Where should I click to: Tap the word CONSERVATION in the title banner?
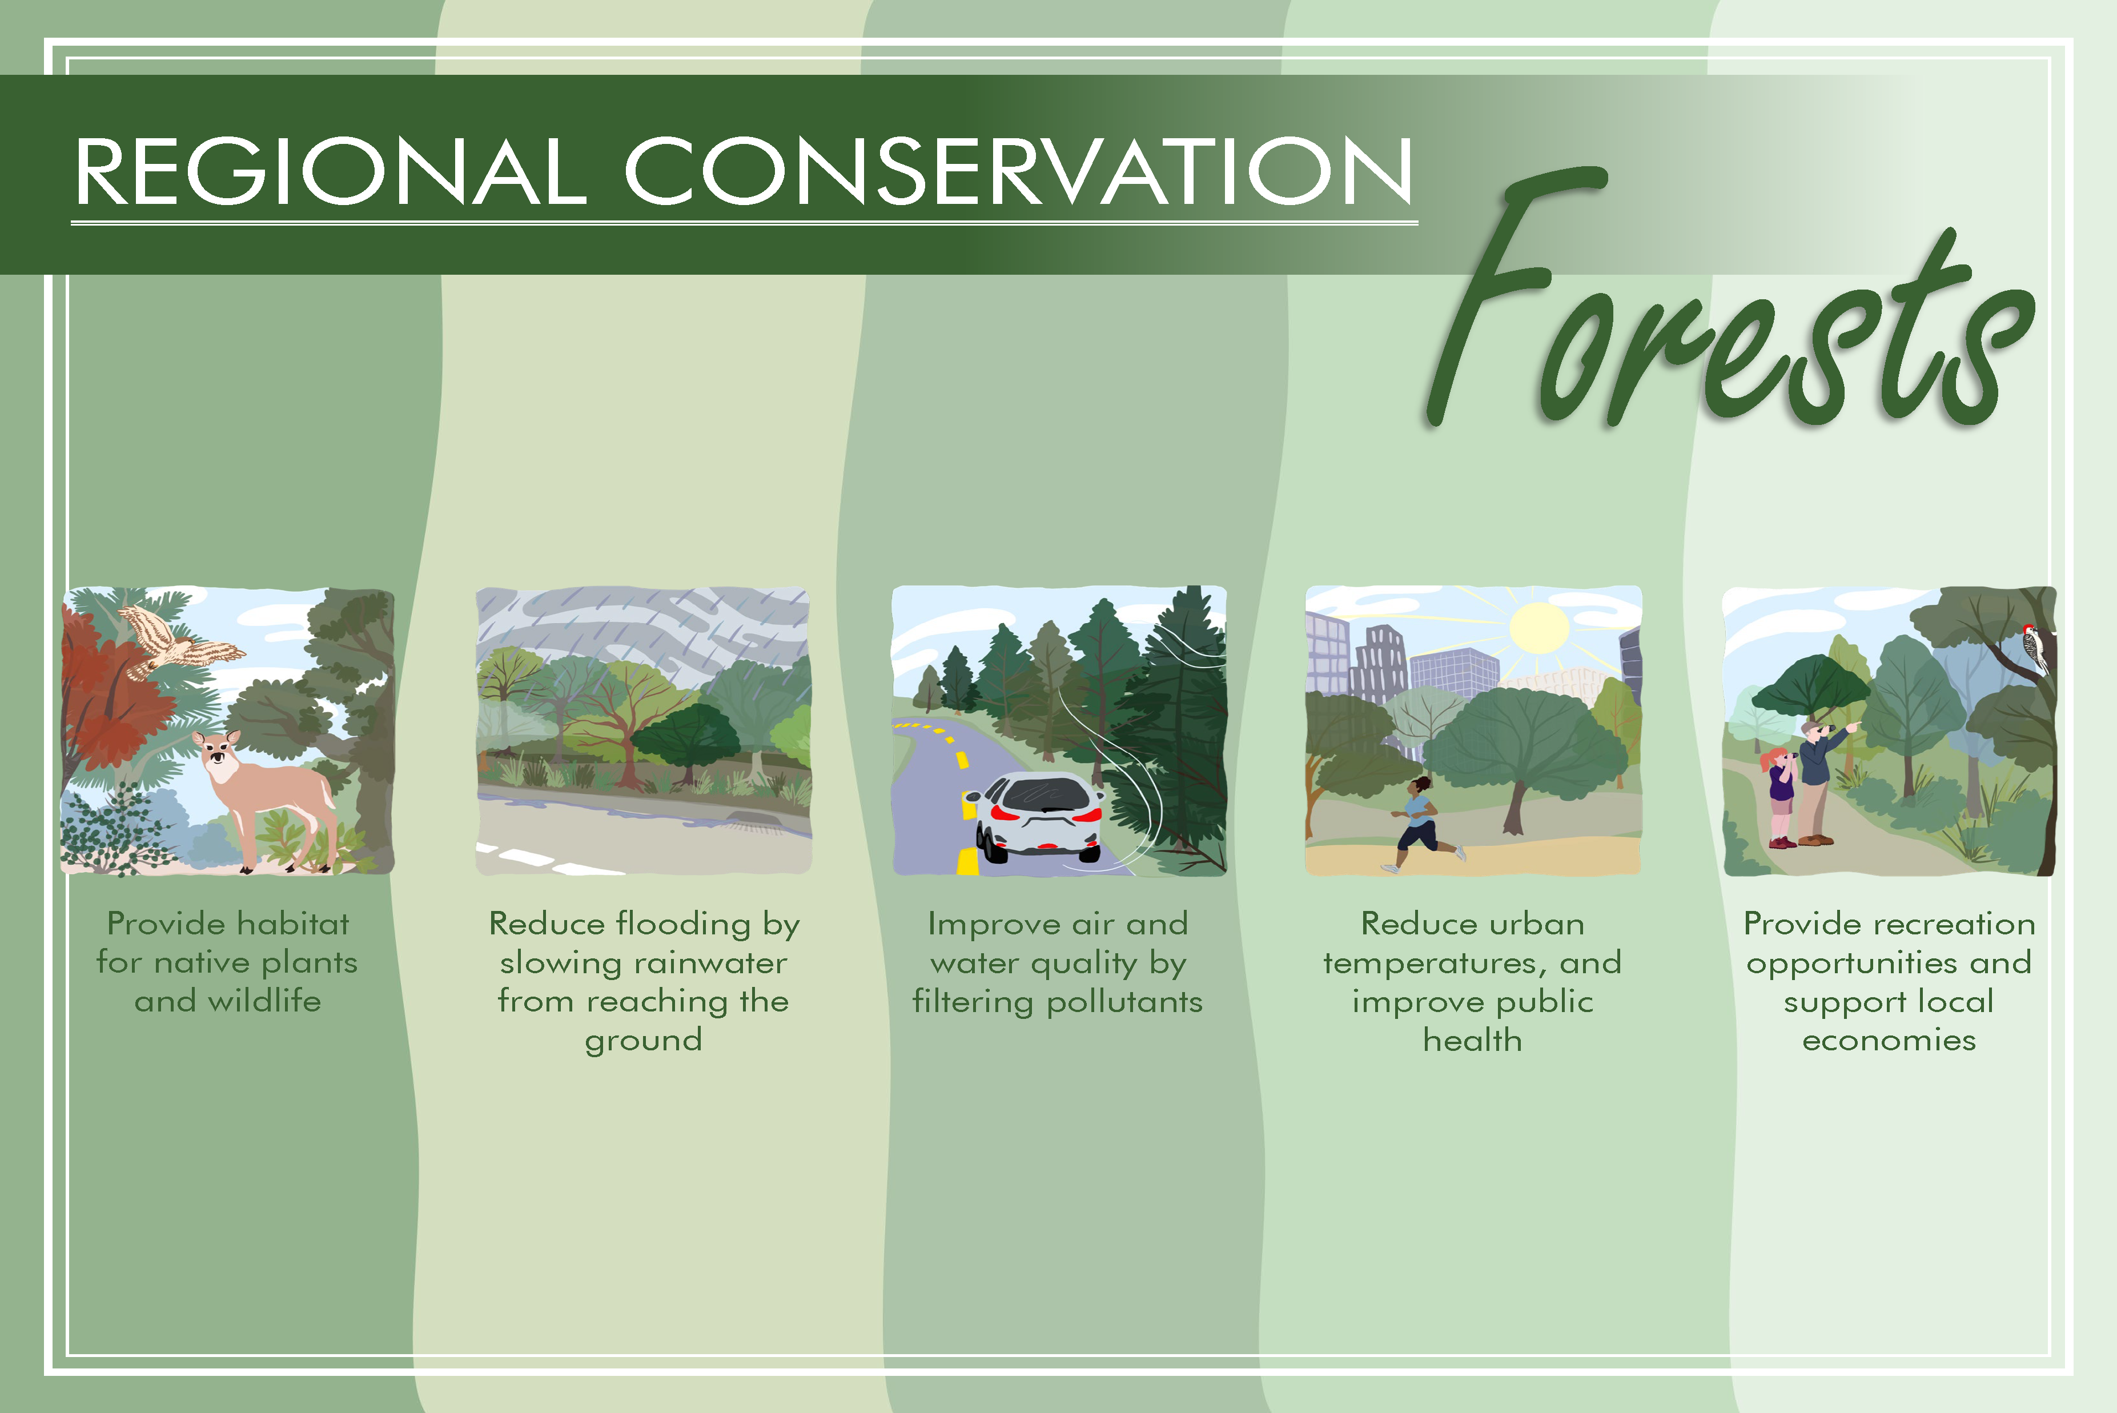[1019, 171]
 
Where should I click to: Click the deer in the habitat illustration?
[266, 797]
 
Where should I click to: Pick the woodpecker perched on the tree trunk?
[2034, 647]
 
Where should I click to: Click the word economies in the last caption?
[1889, 1041]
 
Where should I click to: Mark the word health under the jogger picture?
[1473, 1041]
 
